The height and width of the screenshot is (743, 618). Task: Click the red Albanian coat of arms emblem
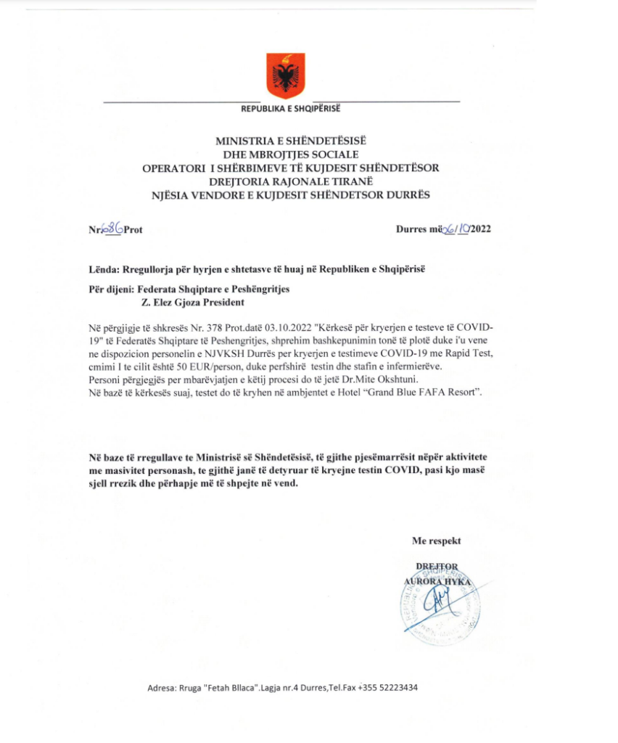point(284,75)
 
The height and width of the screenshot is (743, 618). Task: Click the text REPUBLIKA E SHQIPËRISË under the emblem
point(289,110)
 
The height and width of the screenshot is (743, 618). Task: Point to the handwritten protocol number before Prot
point(112,229)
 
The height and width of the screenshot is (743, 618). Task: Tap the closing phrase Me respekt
point(436,541)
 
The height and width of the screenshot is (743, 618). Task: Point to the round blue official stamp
point(437,605)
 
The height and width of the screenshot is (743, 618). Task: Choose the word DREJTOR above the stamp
point(437,567)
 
